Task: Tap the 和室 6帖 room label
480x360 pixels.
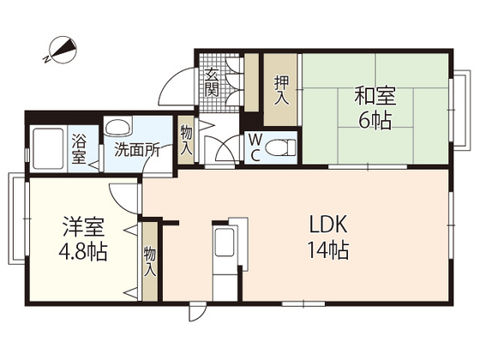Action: pos(375,106)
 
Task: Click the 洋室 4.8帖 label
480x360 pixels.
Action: pos(84,241)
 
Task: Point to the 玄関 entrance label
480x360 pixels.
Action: pos(212,85)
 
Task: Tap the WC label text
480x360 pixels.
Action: pos(255,147)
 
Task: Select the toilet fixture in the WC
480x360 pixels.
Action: pos(279,148)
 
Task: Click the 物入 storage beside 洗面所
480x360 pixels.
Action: pos(186,139)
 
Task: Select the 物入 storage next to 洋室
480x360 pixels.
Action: pos(150,261)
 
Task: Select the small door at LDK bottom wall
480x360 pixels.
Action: pos(198,312)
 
